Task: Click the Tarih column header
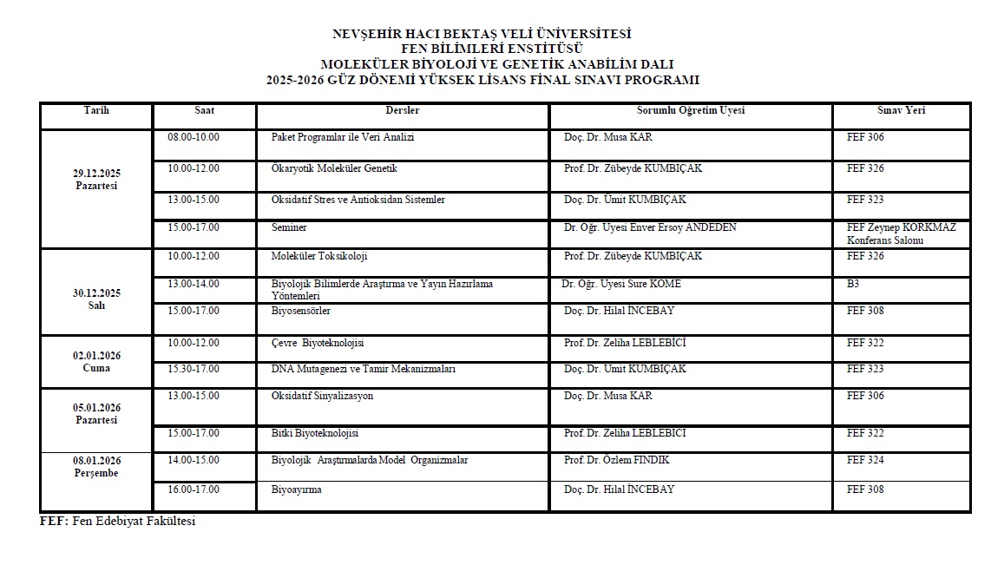point(96,111)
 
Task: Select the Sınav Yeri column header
point(901,111)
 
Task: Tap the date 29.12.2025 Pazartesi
point(95,180)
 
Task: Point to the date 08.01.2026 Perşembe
point(95,467)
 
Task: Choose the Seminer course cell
point(289,228)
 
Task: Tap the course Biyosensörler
point(301,312)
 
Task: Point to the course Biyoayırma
point(297,490)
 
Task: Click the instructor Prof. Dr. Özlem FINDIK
point(617,461)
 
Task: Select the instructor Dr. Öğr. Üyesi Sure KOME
point(621,285)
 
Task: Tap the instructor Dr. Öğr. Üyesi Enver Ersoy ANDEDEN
point(650,228)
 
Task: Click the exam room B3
point(853,285)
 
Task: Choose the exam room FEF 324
point(865,461)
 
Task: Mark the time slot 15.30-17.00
point(194,370)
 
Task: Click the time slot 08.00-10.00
point(194,138)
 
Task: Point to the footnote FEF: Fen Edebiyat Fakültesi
point(118,522)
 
